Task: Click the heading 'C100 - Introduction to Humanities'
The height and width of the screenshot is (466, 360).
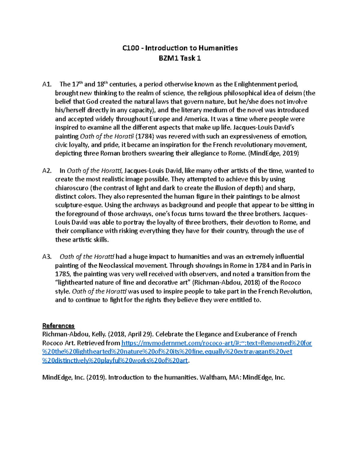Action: [x=180, y=48]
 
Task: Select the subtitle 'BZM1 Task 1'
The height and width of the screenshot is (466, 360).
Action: [x=180, y=58]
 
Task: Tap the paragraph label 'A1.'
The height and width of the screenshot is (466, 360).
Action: [x=47, y=84]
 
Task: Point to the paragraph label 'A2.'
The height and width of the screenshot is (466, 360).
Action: [x=47, y=171]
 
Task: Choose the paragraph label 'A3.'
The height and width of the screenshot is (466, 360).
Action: [x=47, y=257]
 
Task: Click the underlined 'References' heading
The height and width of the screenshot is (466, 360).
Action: [x=58, y=326]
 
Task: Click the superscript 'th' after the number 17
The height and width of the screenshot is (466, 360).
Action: [x=81, y=83]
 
